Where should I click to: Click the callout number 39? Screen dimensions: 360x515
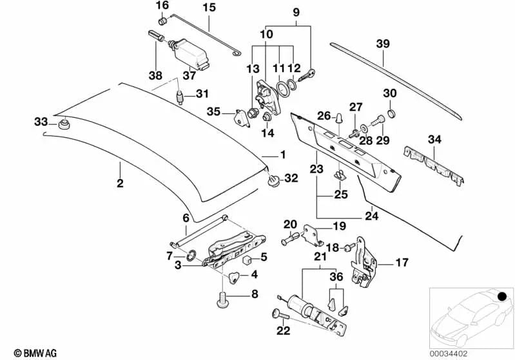click(x=384, y=44)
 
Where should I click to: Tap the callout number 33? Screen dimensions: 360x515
click(x=41, y=121)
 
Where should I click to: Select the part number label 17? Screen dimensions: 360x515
click(x=402, y=263)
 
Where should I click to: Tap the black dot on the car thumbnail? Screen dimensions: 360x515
click(x=501, y=295)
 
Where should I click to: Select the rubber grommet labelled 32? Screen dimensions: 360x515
click(x=272, y=180)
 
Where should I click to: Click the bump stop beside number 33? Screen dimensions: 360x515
click(x=64, y=124)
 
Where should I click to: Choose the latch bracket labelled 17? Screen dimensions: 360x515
click(x=364, y=265)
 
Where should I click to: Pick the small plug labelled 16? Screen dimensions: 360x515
click(x=162, y=22)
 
